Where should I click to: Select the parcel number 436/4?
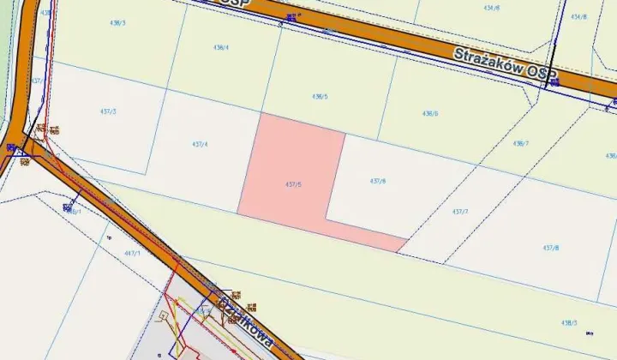(220, 47)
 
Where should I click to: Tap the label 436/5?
(320, 97)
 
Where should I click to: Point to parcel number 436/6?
(430, 113)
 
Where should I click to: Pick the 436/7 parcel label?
(520, 143)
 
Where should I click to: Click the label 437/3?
(108, 112)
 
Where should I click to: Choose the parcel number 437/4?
(199, 144)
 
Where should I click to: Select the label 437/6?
(378, 181)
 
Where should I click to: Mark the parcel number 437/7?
(460, 211)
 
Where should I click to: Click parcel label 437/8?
(550, 247)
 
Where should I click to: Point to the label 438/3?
(569, 322)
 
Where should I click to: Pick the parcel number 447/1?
(132, 254)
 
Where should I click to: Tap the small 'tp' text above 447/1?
(109, 237)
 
